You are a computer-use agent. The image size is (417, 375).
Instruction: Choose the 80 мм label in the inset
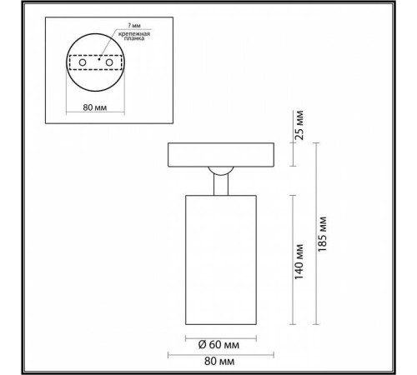(96, 106)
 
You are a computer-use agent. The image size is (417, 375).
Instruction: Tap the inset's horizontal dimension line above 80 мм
(96, 96)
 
